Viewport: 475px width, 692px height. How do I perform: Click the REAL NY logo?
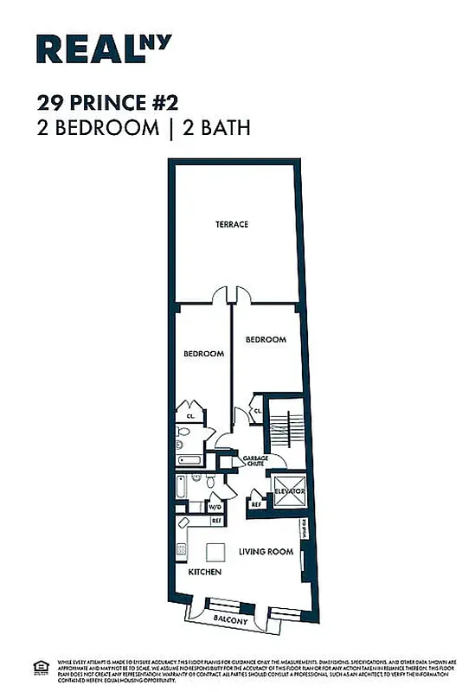(x=104, y=49)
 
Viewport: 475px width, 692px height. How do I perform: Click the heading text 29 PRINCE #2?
(x=108, y=103)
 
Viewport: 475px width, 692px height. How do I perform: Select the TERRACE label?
(x=232, y=225)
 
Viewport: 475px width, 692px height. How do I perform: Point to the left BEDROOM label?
(x=203, y=354)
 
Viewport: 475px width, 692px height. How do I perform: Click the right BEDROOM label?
(x=266, y=340)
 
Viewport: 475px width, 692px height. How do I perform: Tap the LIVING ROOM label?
(x=266, y=552)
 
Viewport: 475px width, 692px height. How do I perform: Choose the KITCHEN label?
(x=205, y=573)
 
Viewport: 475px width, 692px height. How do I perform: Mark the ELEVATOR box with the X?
(x=289, y=492)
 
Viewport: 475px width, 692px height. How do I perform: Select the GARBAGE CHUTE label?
(x=254, y=461)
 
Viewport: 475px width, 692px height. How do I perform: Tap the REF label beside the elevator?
(x=256, y=503)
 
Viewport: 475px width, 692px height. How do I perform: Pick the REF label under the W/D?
(x=215, y=521)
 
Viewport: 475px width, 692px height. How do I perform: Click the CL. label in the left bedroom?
(x=189, y=415)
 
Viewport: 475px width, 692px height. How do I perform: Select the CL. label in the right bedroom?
(x=258, y=411)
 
